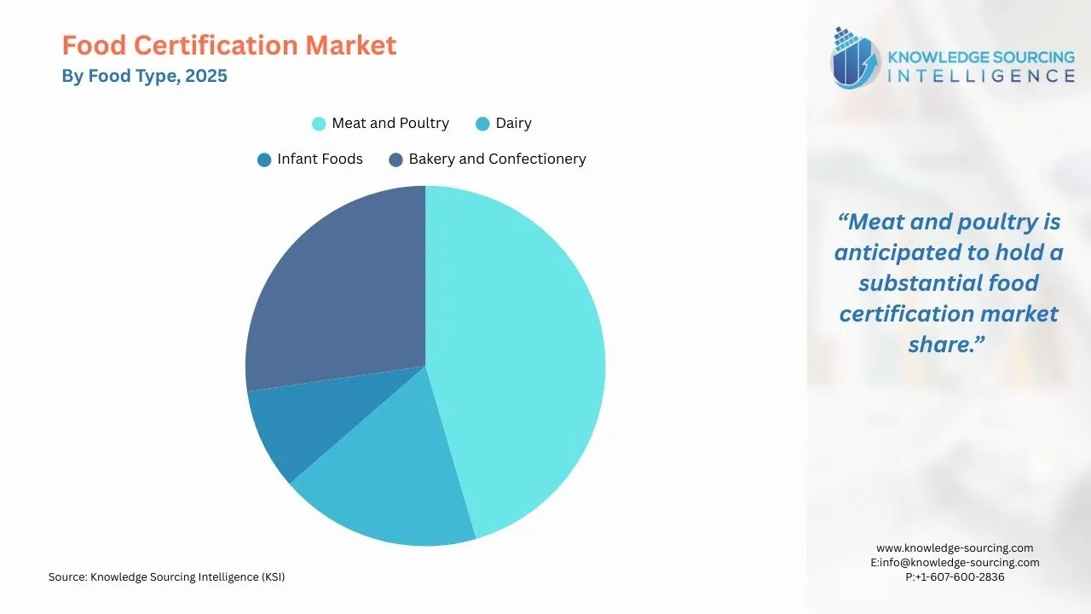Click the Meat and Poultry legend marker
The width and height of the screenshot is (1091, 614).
[x=319, y=124]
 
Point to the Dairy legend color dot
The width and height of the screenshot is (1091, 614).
[x=482, y=124]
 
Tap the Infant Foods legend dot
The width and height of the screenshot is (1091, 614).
[x=264, y=159]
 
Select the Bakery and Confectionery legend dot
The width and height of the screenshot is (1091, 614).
[x=395, y=159]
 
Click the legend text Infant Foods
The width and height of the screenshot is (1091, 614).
[x=320, y=159]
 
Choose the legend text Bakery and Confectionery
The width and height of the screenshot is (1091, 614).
[x=497, y=159]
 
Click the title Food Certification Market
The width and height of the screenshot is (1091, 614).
[x=229, y=45]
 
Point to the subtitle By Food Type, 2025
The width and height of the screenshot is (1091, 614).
[x=144, y=76]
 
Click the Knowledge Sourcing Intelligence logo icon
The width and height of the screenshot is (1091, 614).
[x=856, y=59]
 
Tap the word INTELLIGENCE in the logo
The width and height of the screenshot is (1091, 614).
[x=981, y=76]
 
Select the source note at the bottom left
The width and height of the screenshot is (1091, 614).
[x=166, y=577]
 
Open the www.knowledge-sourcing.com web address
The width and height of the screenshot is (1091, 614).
[x=955, y=548]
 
